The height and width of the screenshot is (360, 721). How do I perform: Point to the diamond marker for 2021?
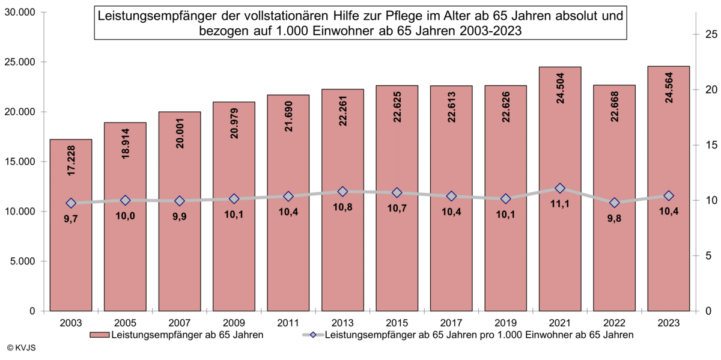click(x=560, y=188)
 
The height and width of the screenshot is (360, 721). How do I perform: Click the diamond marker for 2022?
click(x=615, y=203)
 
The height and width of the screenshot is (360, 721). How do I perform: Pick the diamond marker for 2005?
click(x=125, y=200)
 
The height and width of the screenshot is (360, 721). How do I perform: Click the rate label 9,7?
click(x=71, y=220)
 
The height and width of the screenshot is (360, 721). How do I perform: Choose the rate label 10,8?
click(x=342, y=207)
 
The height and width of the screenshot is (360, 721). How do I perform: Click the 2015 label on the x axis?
click(x=397, y=322)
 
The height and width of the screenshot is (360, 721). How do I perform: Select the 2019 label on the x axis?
click(x=505, y=322)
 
